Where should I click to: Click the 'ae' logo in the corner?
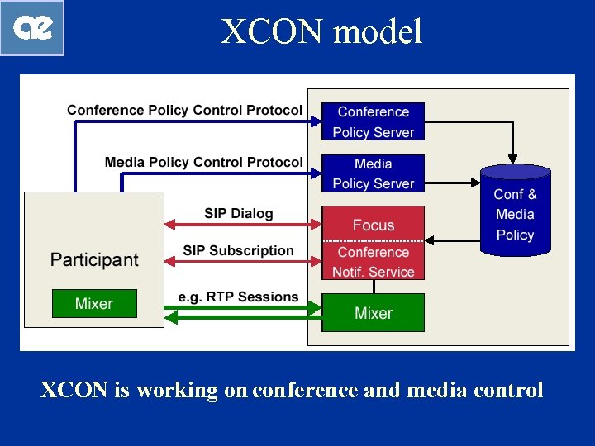click(x=32, y=27)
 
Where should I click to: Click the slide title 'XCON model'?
click(x=321, y=31)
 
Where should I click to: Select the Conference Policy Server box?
click(x=373, y=121)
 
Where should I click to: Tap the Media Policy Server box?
click(x=373, y=173)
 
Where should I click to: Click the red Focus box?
click(x=373, y=224)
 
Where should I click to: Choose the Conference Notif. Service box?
click(x=373, y=262)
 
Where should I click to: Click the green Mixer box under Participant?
click(x=93, y=303)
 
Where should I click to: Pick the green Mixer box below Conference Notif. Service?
click(x=373, y=312)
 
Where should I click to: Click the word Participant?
click(x=94, y=259)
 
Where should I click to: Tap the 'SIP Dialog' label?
click(x=238, y=213)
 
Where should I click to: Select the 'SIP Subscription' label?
click(x=238, y=250)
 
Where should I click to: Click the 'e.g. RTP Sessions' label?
click(x=238, y=297)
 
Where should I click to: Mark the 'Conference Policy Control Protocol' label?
click(x=184, y=110)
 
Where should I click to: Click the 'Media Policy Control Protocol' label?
click(x=203, y=162)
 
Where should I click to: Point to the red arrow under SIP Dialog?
click(x=242, y=224)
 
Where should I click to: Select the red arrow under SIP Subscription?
click(x=242, y=261)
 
